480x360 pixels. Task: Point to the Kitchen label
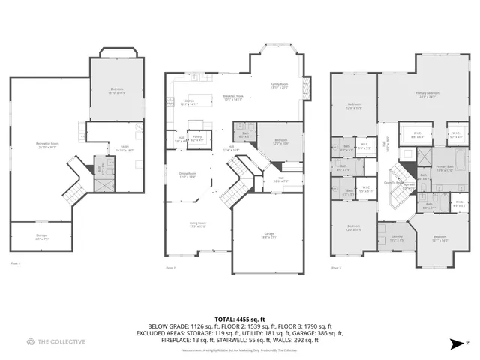coord(190,103)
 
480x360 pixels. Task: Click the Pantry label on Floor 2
coord(197,138)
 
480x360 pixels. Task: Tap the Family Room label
coord(280,86)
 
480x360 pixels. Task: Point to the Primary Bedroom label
coord(427,94)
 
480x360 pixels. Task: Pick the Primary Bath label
coord(444,169)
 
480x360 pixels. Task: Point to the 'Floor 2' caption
coord(170,268)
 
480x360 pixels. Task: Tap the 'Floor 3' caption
coord(336,268)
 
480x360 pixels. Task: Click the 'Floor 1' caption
coord(15,262)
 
